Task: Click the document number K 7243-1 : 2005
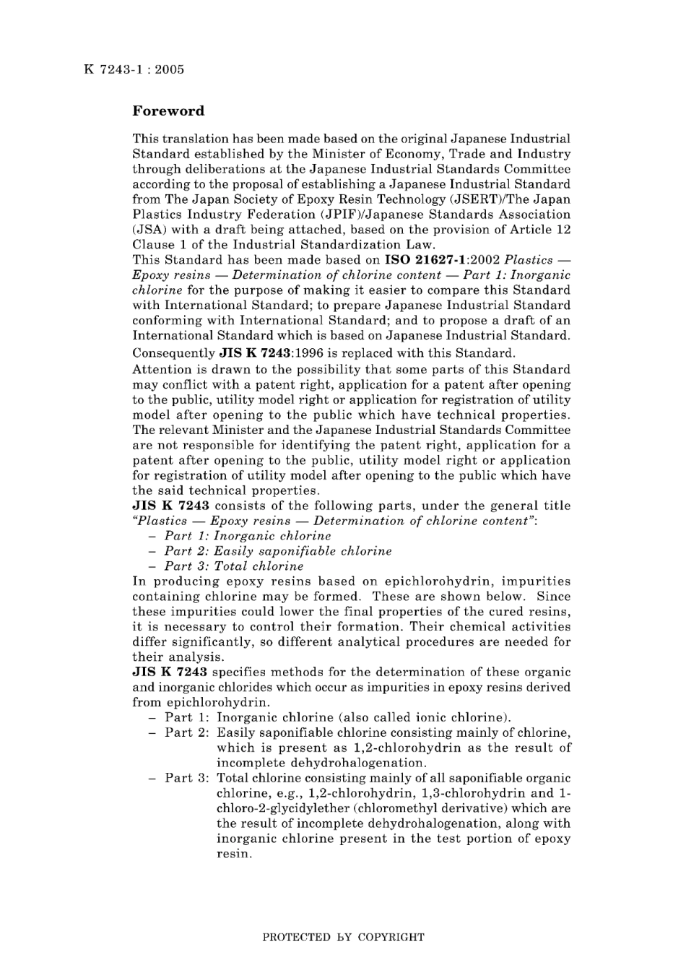pyautogui.click(x=134, y=69)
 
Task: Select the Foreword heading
pyautogui.click(x=168, y=111)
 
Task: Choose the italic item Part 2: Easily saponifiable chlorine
pyautogui.click(x=278, y=551)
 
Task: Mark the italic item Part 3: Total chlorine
pyautogui.click(x=234, y=566)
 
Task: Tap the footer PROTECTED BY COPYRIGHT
pyautogui.click(x=343, y=938)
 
